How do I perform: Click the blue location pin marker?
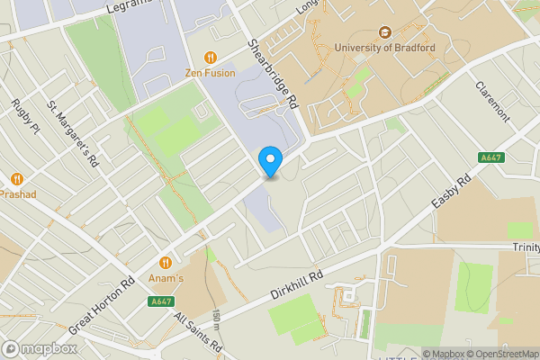270,161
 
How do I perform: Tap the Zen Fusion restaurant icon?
211,58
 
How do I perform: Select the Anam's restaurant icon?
166,263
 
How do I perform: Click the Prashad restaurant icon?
17,178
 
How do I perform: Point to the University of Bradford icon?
384,32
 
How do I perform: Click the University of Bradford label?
384,48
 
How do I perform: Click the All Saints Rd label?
198,332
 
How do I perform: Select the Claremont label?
492,103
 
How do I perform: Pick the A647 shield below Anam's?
161,301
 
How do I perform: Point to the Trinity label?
525,247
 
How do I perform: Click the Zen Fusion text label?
211,73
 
